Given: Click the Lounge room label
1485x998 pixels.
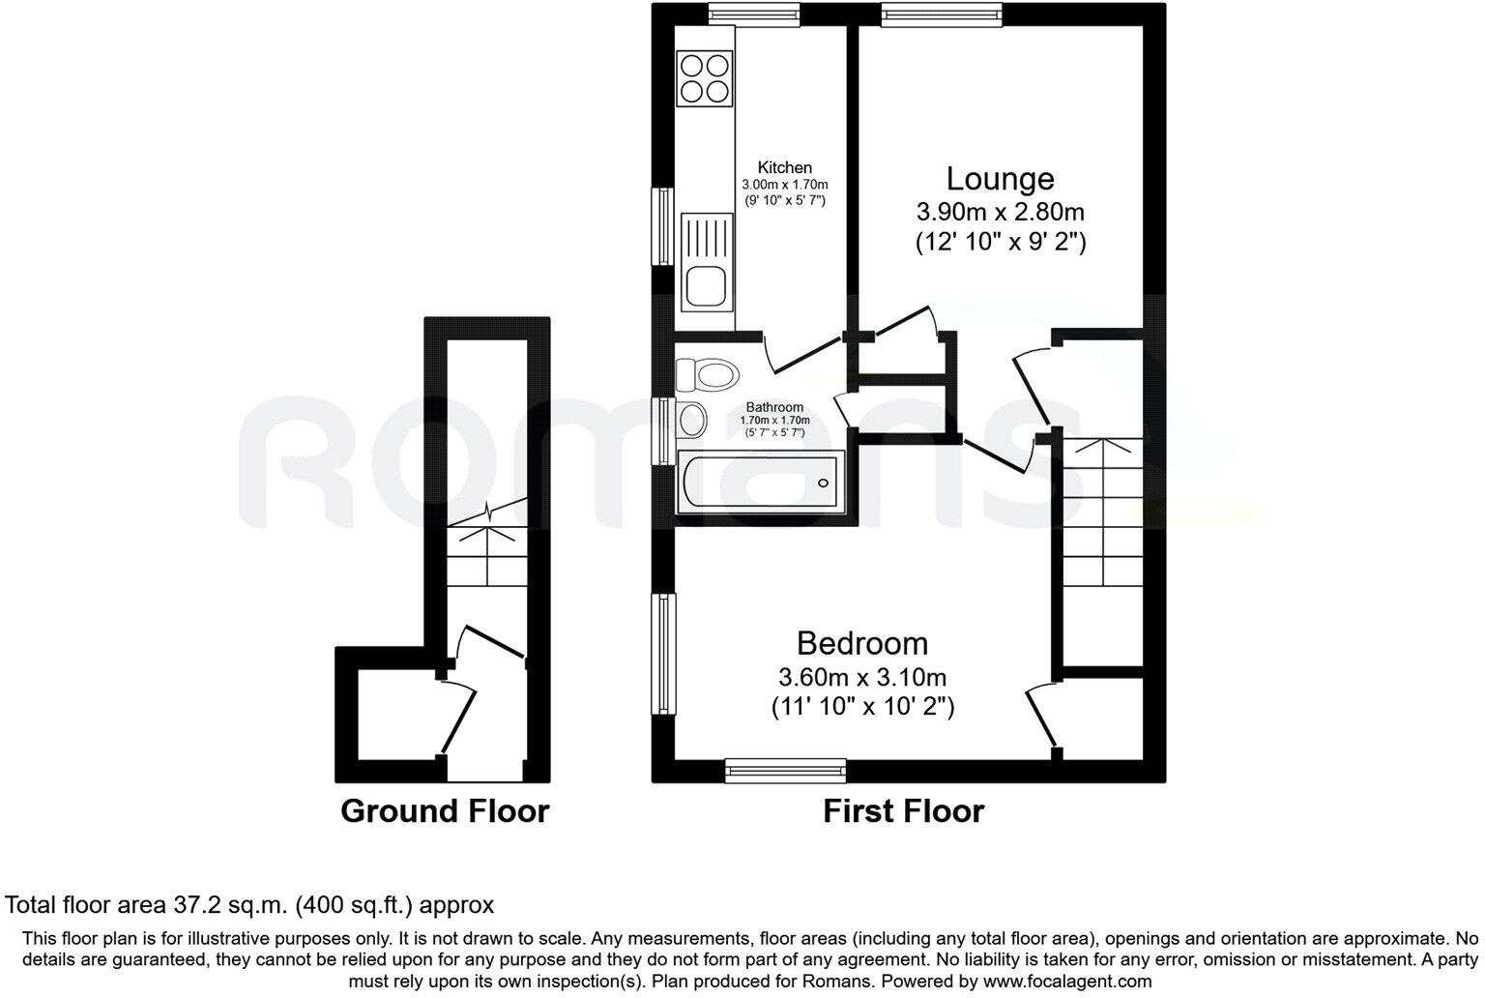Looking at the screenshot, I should pyautogui.click(x=1000, y=179).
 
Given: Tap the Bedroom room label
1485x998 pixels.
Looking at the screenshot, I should pyautogui.click(x=861, y=643).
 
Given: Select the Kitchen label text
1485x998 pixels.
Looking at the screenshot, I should pyautogui.click(x=784, y=167).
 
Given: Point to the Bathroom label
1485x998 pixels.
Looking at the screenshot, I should pyautogui.click(x=774, y=407).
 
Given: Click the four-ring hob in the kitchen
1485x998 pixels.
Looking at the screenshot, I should pyautogui.click(x=704, y=78).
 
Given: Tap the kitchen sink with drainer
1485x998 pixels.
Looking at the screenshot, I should pyautogui.click(x=706, y=262).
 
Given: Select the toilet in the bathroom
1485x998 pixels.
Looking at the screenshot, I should pyautogui.click(x=707, y=372).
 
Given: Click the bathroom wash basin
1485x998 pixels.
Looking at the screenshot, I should pyautogui.click(x=691, y=420).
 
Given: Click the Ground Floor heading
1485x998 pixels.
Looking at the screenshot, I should pyautogui.click(x=445, y=811).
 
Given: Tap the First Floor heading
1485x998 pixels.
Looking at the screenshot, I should pyautogui.click(x=903, y=811).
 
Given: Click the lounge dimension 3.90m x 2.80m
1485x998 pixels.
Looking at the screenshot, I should pyautogui.click(x=1000, y=212).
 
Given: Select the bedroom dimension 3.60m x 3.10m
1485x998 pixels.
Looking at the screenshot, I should pyautogui.click(x=861, y=676).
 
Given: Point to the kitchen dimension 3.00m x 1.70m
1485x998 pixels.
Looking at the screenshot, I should pyautogui.click(x=784, y=184).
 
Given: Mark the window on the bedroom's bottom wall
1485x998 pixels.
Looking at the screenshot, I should pyautogui.click(x=786, y=770).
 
